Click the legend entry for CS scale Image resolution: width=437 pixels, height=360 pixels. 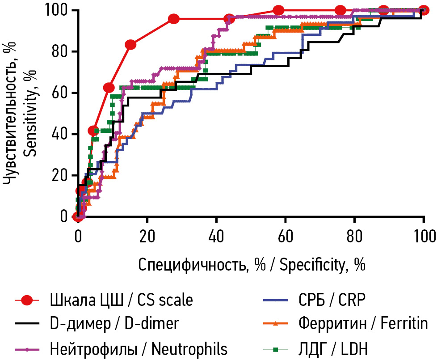coord(121,300)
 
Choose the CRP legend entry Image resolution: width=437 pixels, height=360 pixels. coord(331,300)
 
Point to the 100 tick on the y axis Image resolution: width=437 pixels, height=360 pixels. coord(56,10)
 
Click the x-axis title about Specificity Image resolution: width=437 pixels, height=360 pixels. coord(252,265)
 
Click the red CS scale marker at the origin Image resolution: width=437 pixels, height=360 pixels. coord(77,217)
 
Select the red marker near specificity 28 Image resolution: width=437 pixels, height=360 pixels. coord(174,19)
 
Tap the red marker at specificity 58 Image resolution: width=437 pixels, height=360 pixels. coord(278,10)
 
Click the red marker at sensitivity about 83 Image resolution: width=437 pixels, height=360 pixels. coord(130,45)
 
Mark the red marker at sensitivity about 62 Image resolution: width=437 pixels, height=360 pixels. coord(108,88)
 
